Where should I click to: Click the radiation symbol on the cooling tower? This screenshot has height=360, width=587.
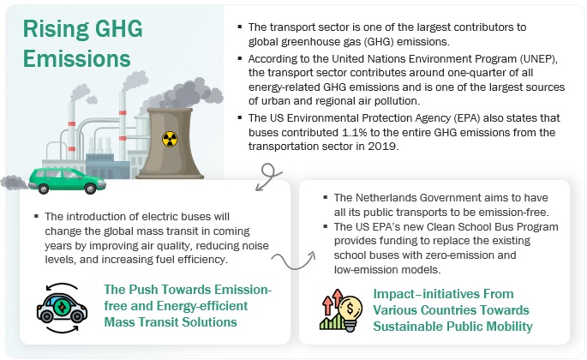point(170,139)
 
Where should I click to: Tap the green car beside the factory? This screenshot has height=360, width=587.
point(67,181)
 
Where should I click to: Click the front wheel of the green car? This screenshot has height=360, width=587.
point(90,189)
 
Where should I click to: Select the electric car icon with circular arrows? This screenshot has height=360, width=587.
point(62,308)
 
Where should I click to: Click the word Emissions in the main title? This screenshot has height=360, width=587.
point(77,59)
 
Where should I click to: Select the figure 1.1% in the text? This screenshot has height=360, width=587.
point(354,132)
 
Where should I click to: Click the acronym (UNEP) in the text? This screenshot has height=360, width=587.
point(538,59)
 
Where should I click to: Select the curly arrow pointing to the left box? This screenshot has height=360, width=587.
point(268,177)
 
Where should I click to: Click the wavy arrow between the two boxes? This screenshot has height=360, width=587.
point(293,261)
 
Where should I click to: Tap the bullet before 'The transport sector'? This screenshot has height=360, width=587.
point(240,27)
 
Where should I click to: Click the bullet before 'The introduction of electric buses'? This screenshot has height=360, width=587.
point(36,216)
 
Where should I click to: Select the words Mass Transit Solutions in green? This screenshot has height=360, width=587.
point(171,322)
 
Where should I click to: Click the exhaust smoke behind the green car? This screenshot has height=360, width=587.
point(15,183)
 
